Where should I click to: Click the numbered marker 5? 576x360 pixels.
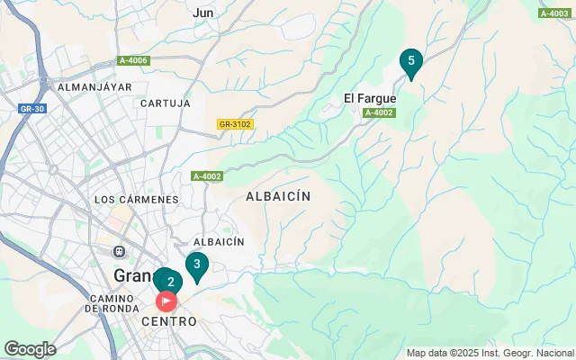click(411, 61)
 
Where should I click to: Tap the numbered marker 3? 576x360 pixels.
click(196, 265)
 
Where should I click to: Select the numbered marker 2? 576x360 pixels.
click(170, 282)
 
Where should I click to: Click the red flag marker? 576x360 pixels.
click(166, 301)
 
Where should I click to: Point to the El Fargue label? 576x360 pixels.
click(369, 98)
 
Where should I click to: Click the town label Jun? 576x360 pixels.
click(203, 13)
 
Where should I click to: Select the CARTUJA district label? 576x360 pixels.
click(166, 103)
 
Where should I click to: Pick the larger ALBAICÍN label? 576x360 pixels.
click(278, 195)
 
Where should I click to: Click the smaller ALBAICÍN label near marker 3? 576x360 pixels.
click(219, 242)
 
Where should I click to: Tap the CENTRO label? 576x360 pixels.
click(168, 321)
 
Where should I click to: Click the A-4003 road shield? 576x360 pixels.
click(554, 13)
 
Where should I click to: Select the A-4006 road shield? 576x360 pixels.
click(133, 60)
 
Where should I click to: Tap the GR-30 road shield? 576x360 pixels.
click(31, 108)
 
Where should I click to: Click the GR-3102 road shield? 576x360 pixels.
click(235, 124)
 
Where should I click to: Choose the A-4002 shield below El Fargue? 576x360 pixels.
click(379, 112)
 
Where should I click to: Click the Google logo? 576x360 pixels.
click(29, 349)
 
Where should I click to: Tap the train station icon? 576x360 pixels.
click(118, 251)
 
